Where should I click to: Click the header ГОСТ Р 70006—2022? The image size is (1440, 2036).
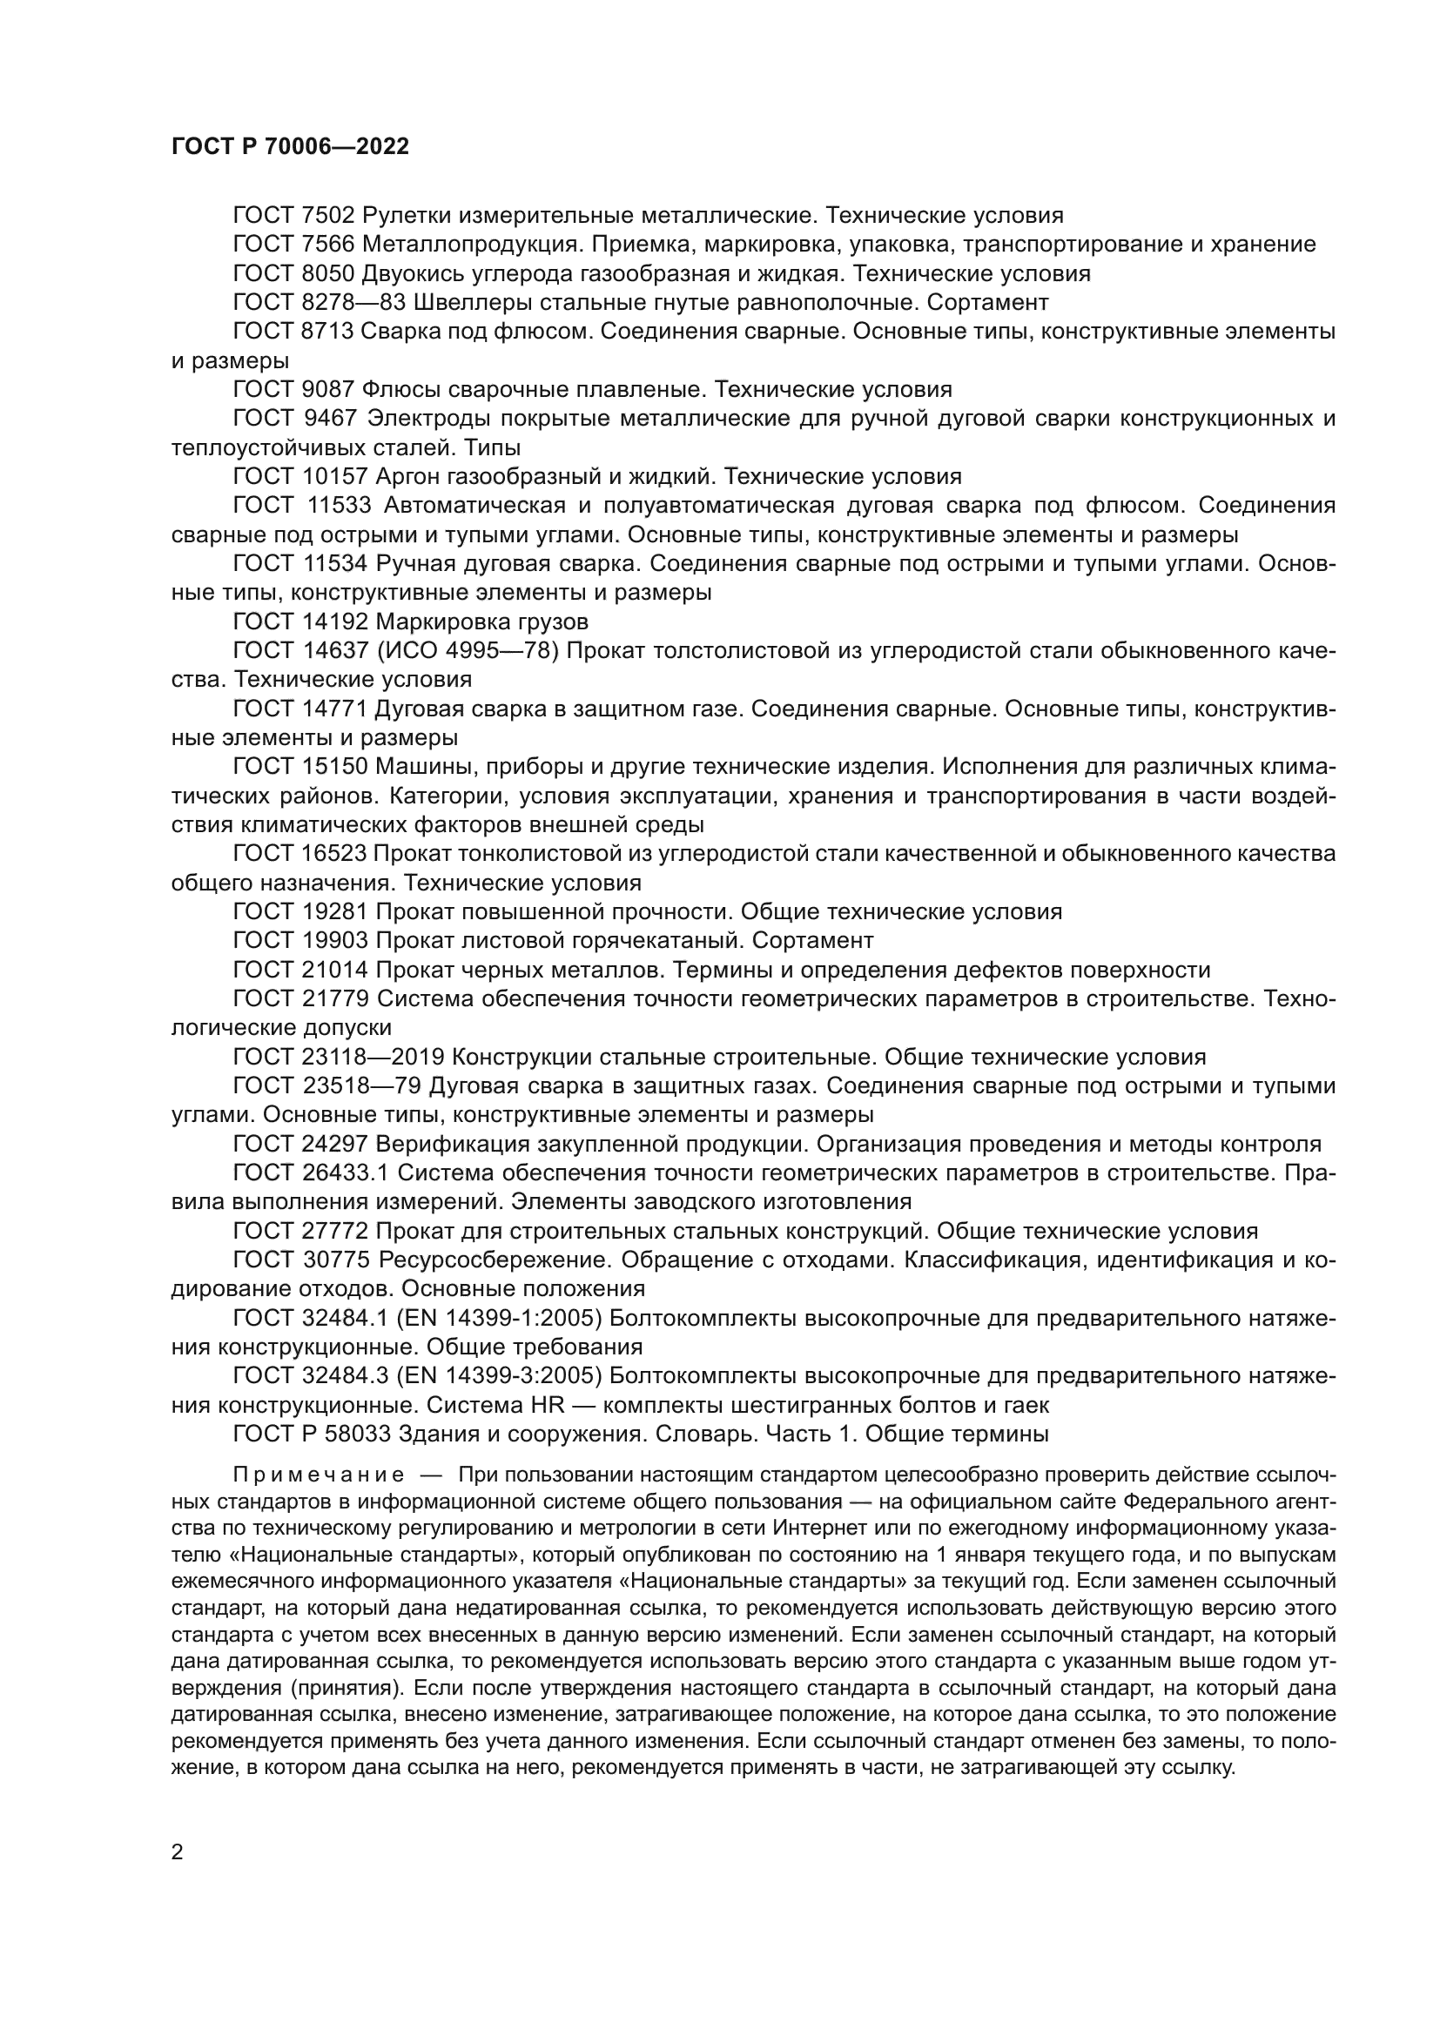point(290,147)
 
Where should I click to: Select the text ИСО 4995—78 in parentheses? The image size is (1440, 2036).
point(468,651)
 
